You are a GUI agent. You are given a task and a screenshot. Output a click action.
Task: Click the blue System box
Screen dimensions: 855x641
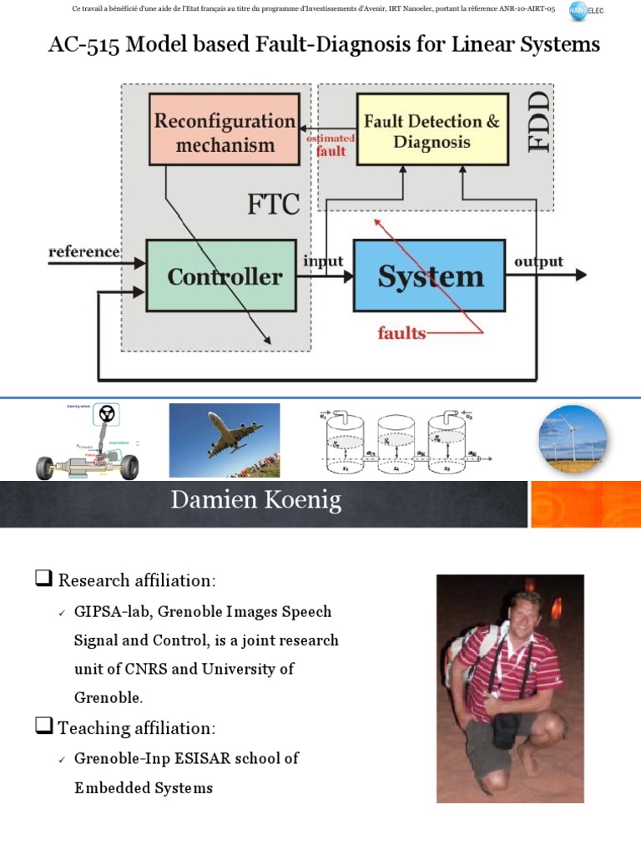pyautogui.click(x=429, y=276)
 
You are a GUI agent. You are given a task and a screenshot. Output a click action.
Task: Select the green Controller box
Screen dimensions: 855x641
pyautogui.click(x=221, y=276)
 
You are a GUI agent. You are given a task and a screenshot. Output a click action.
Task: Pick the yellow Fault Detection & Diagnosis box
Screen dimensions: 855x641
pyautogui.click(x=432, y=131)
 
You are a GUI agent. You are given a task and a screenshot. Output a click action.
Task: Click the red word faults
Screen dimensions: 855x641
pyautogui.click(x=401, y=333)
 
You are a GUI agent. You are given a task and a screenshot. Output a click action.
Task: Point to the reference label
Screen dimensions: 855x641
pyautogui.click(x=84, y=251)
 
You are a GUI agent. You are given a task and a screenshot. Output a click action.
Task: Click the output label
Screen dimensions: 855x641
pyautogui.click(x=538, y=261)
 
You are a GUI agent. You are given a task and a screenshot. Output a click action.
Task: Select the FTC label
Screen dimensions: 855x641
pyautogui.click(x=273, y=204)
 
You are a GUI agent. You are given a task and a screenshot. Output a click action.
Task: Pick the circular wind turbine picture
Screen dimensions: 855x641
pyautogui.click(x=573, y=439)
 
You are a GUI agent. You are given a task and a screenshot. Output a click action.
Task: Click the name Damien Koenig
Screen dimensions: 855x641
pyautogui.click(x=256, y=500)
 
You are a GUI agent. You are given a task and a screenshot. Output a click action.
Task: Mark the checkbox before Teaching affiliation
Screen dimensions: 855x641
pyautogui.click(x=43, y=726)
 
